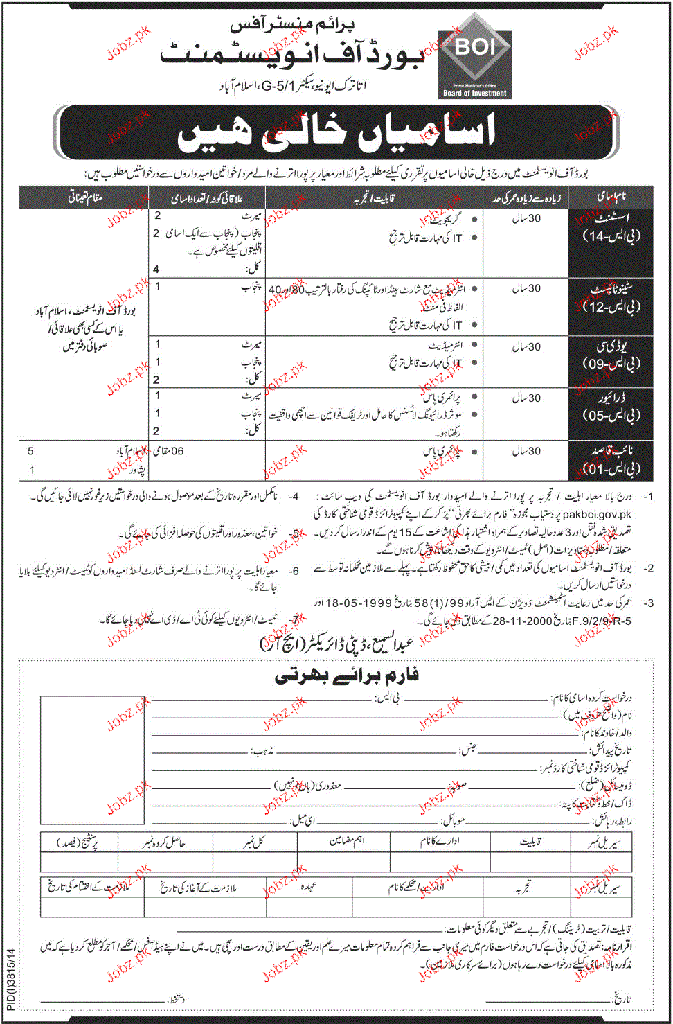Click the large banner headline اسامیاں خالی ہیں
tap(336, 132)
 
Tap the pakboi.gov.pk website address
tap(597, 514)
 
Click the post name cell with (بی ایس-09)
tap(611, 355)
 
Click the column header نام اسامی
tap(611, 197)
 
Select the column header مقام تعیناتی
tap(84, 198)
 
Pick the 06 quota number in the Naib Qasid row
tap(177, 451)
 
